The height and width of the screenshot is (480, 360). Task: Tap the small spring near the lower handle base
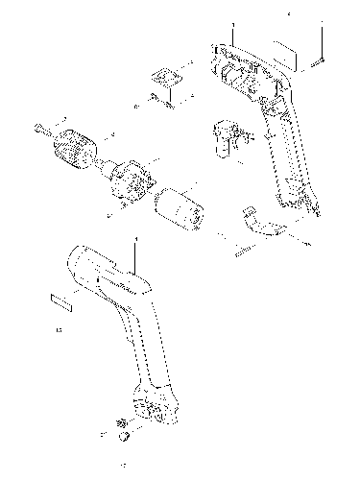(x=122, y=422)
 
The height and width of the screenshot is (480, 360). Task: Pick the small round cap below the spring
(x=123, y=437)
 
